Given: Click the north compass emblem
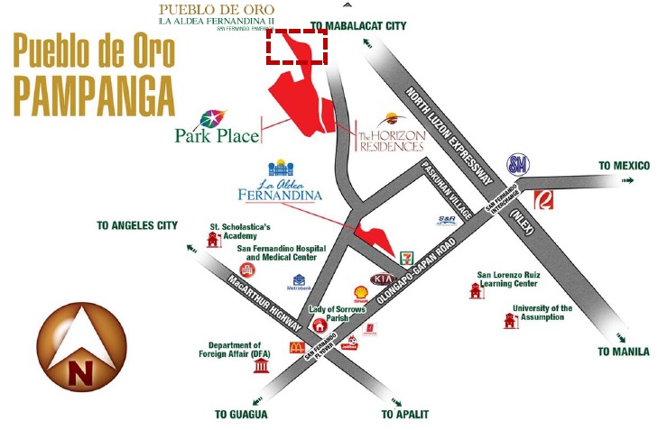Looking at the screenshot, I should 81,347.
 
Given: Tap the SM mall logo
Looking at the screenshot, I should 518,164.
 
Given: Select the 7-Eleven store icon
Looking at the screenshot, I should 409,257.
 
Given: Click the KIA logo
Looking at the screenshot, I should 382,279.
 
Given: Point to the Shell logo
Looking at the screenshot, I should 359,292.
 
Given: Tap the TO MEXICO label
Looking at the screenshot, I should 625,166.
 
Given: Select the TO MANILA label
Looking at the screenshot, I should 624,352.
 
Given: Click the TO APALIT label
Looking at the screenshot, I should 404,414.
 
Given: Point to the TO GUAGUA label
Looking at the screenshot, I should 241,414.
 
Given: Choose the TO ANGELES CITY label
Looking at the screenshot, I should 137,224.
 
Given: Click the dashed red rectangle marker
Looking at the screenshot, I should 296,46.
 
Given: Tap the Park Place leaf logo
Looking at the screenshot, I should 214,119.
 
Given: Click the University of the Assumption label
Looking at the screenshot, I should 542,313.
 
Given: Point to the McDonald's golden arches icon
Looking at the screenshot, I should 294,346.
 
